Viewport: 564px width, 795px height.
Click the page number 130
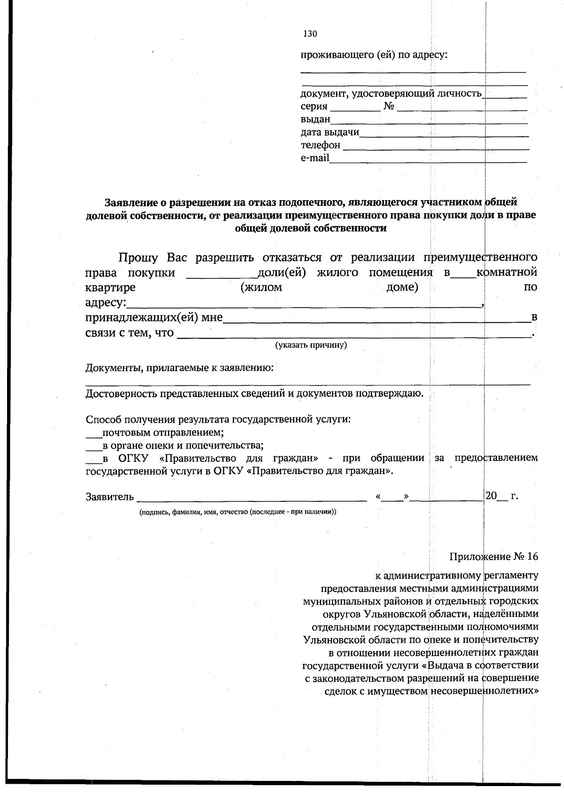tap(310, 34)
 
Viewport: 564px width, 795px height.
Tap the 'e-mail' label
tap(315, 158)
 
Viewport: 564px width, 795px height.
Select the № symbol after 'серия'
tap(388, 107)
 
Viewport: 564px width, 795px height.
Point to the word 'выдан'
tap(315, 120)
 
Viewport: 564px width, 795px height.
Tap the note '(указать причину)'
tap(311, 345)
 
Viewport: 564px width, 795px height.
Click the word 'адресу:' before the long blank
tap(106, 302)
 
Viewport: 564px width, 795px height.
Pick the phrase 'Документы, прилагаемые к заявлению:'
tap(180, 368)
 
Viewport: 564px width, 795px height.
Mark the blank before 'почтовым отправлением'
tap(94, 434)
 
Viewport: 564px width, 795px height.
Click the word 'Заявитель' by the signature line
tap(110, 497)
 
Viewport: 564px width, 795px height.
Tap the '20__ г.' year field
tap(501, 496)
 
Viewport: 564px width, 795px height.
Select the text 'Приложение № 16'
tap(493, 557)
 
